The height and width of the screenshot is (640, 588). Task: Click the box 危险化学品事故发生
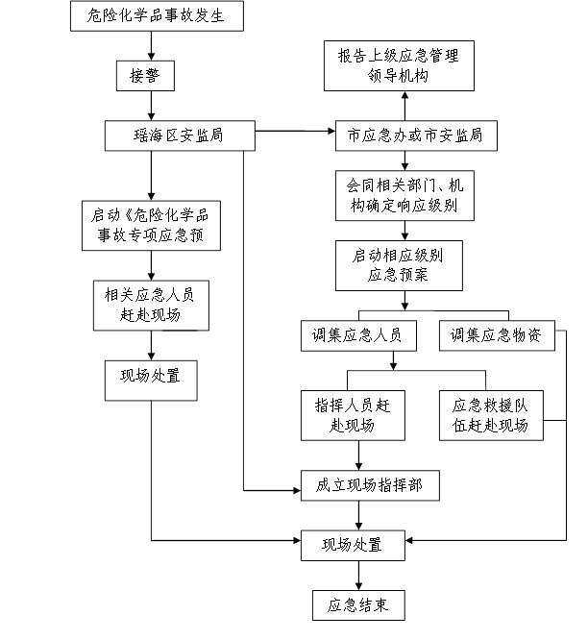[157, 15]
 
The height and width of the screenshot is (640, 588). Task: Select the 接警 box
[145, 76]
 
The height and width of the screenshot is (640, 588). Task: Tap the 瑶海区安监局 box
[180, 135]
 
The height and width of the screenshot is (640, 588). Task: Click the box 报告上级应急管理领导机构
[399, 65]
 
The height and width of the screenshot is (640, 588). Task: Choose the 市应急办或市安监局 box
[415, 135]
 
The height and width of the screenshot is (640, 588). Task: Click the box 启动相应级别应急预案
[398, 265]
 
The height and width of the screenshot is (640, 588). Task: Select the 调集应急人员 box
[357, 334]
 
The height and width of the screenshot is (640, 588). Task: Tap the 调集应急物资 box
[496, 334]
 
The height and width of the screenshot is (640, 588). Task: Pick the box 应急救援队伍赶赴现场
[490, 414]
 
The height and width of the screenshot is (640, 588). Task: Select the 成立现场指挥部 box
[369, 486]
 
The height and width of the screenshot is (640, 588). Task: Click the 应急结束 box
[357, 604]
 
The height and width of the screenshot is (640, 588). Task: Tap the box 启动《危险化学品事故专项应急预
[151, 225]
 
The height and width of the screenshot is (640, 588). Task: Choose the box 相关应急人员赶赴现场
[151, 305]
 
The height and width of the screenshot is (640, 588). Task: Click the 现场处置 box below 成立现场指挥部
[353, 544]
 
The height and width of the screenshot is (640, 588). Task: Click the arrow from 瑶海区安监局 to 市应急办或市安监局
[294, 131]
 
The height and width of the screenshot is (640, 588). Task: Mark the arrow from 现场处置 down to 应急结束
[358, 574]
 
